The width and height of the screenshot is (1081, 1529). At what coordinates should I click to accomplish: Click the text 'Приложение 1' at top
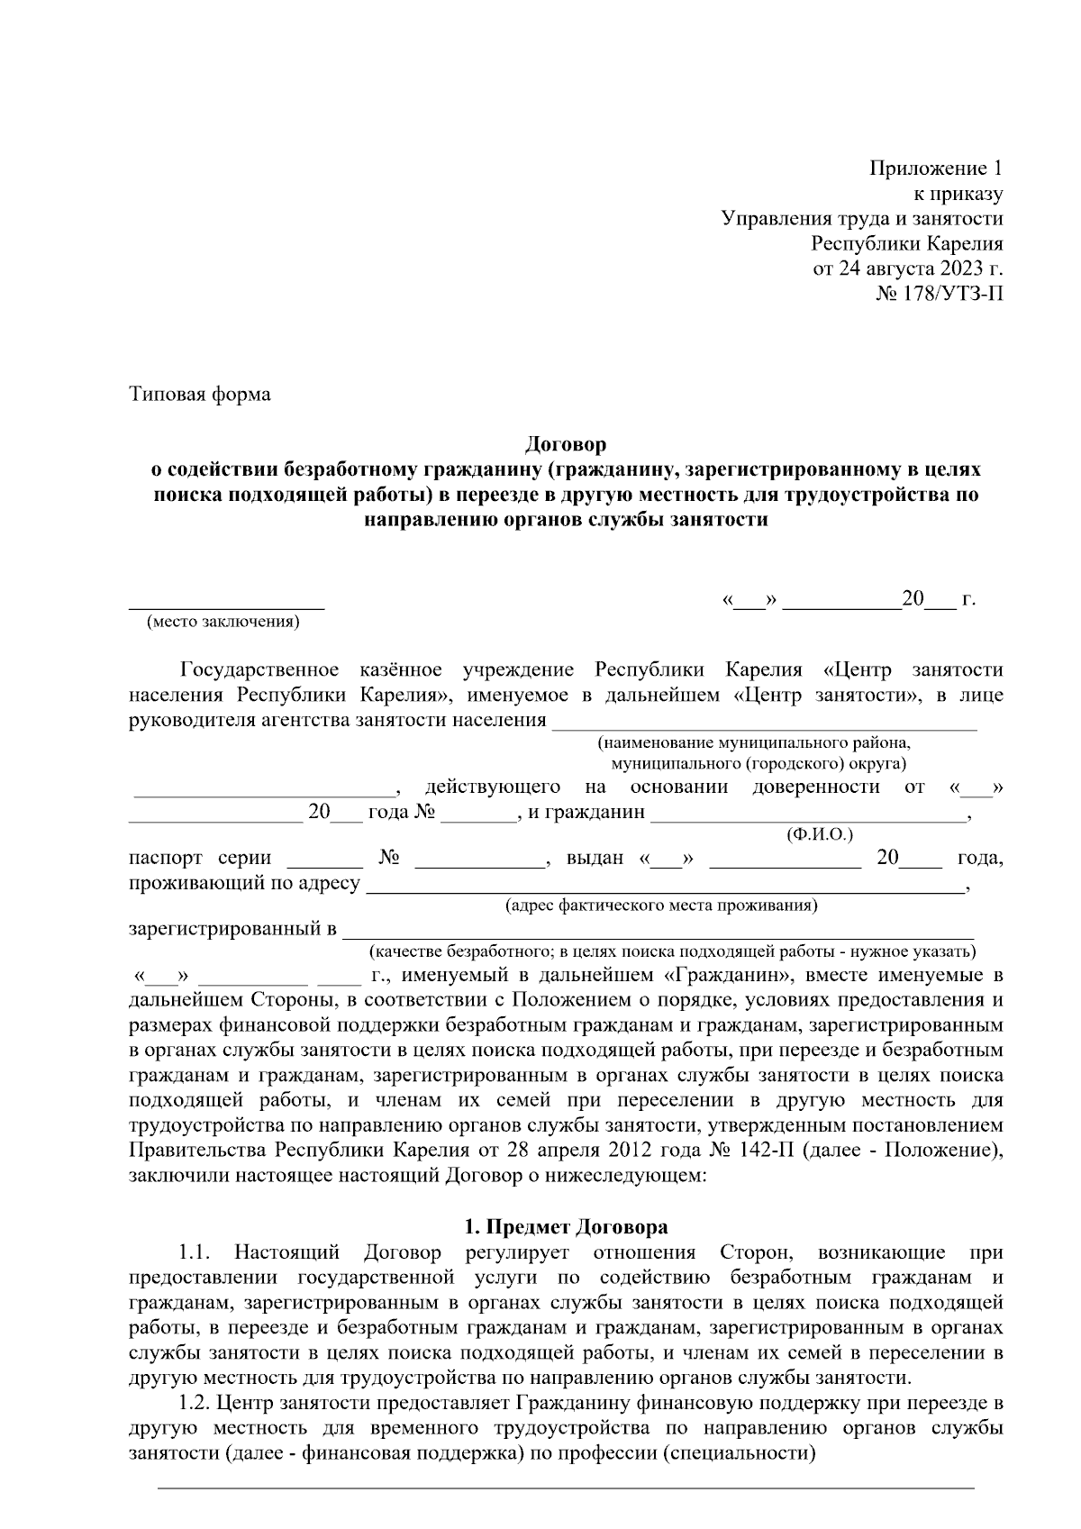[935, 168]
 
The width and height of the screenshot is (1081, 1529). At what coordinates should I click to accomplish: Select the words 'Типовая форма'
[199, 395]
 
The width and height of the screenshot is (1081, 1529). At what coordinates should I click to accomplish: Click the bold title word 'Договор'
[566, 444]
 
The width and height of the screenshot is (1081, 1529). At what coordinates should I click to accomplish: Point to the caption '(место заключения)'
[223, 622]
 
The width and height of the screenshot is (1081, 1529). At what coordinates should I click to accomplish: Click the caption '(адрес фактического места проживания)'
[661, 906]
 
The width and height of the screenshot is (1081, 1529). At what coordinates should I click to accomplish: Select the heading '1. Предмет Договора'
[566, 1227]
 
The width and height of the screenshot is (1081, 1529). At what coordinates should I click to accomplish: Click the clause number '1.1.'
[195, 1252]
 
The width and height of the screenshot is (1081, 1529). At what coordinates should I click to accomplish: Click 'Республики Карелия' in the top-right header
[906, 243]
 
